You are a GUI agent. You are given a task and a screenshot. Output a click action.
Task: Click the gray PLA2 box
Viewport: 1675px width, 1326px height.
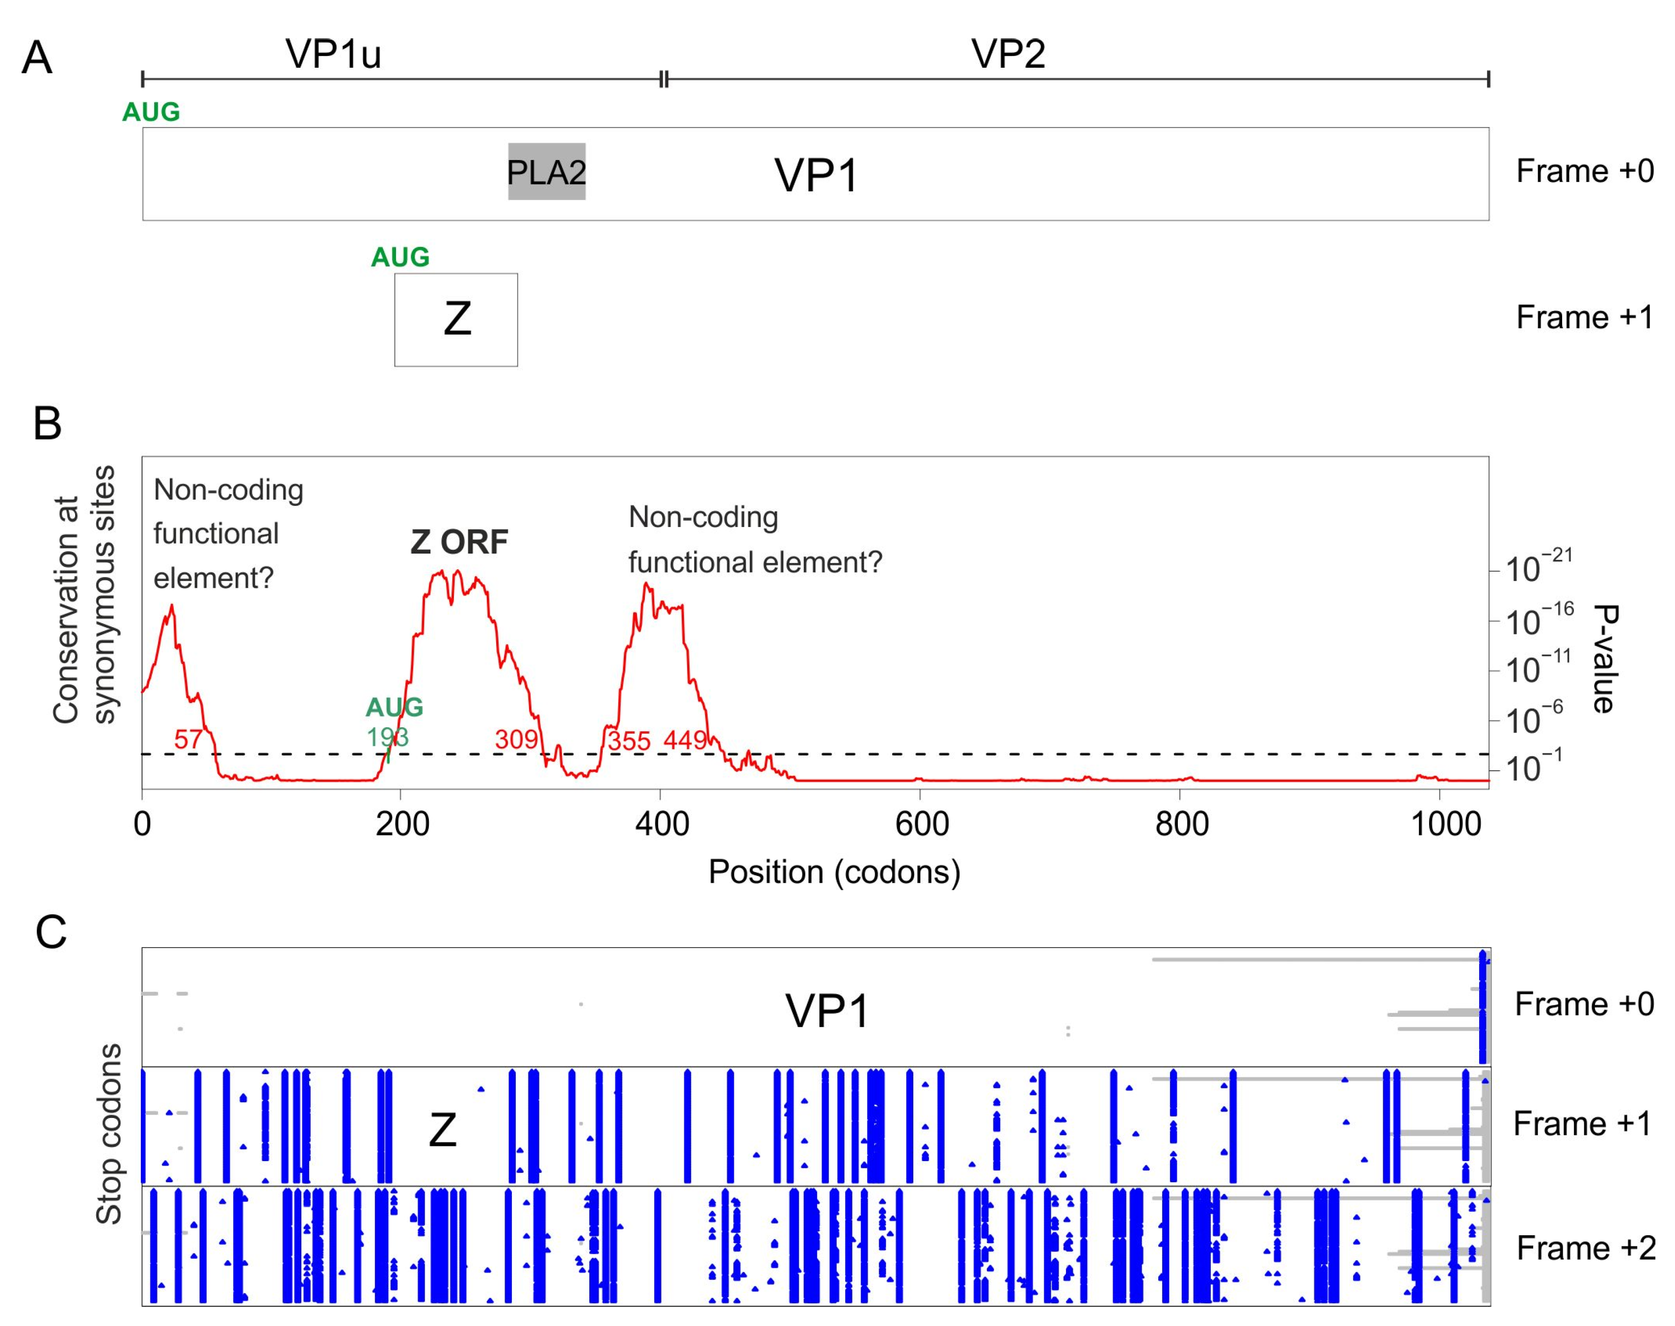point(546,172)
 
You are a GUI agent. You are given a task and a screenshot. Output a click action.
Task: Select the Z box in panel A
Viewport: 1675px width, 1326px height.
point(456,319)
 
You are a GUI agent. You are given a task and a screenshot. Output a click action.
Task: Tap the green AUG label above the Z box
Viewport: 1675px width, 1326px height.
point(400,257)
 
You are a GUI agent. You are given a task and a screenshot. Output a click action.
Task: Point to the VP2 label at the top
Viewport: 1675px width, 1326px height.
point(1008,54)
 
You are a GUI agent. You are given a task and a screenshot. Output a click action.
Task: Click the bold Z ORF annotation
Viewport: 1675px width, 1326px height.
point(459,542)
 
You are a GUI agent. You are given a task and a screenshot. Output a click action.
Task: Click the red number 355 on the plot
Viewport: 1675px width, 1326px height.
point(629,741)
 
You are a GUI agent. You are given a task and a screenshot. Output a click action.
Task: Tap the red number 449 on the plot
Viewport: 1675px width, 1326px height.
point(685,740)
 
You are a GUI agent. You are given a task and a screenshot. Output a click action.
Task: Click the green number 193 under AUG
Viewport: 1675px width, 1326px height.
point(387,737)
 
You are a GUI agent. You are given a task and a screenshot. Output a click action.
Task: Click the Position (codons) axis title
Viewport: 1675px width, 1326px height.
point(834,872)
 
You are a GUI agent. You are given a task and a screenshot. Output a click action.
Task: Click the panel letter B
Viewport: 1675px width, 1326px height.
point(47,424)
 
